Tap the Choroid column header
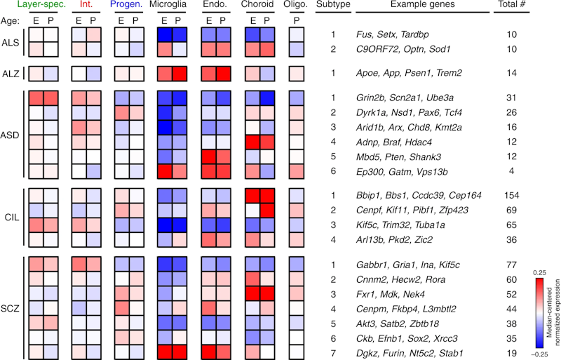[x=263, y=6]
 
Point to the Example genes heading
[x=425, y=6]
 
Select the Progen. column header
[x=129, y=6]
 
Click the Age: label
[x=12, y=21]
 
